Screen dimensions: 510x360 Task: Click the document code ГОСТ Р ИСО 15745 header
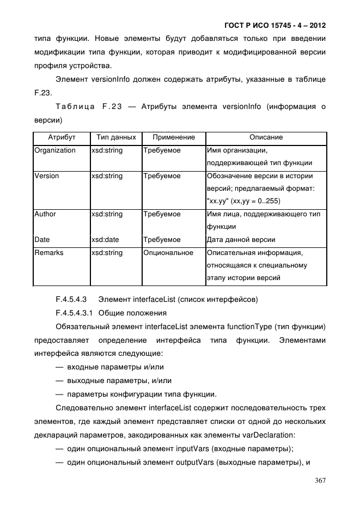(275, 26)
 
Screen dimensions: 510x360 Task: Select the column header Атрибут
(62, 137)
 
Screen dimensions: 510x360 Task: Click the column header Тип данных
(115, 137)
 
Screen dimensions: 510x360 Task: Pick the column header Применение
(174, 137)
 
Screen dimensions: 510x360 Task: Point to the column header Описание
(266, 137)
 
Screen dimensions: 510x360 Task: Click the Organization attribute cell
(55, 150)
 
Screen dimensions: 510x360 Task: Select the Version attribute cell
(47, 176)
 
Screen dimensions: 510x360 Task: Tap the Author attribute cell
(45, 214)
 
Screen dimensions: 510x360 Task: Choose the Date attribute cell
(42, 240)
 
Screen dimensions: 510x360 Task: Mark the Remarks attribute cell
(49, 253)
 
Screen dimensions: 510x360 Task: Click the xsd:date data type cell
(105, 240)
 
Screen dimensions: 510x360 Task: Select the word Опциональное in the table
(168, 253)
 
